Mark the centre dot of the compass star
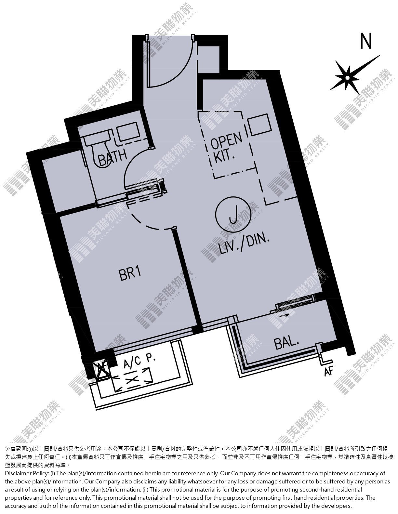pyautogui.click(x=347, y=78)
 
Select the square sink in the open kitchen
pyautogui.click(x=259, y=125)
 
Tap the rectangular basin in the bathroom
pyautogui.click(x=128, y=132)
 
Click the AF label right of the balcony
pyautogui.click(x=328, y=372)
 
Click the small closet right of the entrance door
pyautogui.click(x=208, y=59)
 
